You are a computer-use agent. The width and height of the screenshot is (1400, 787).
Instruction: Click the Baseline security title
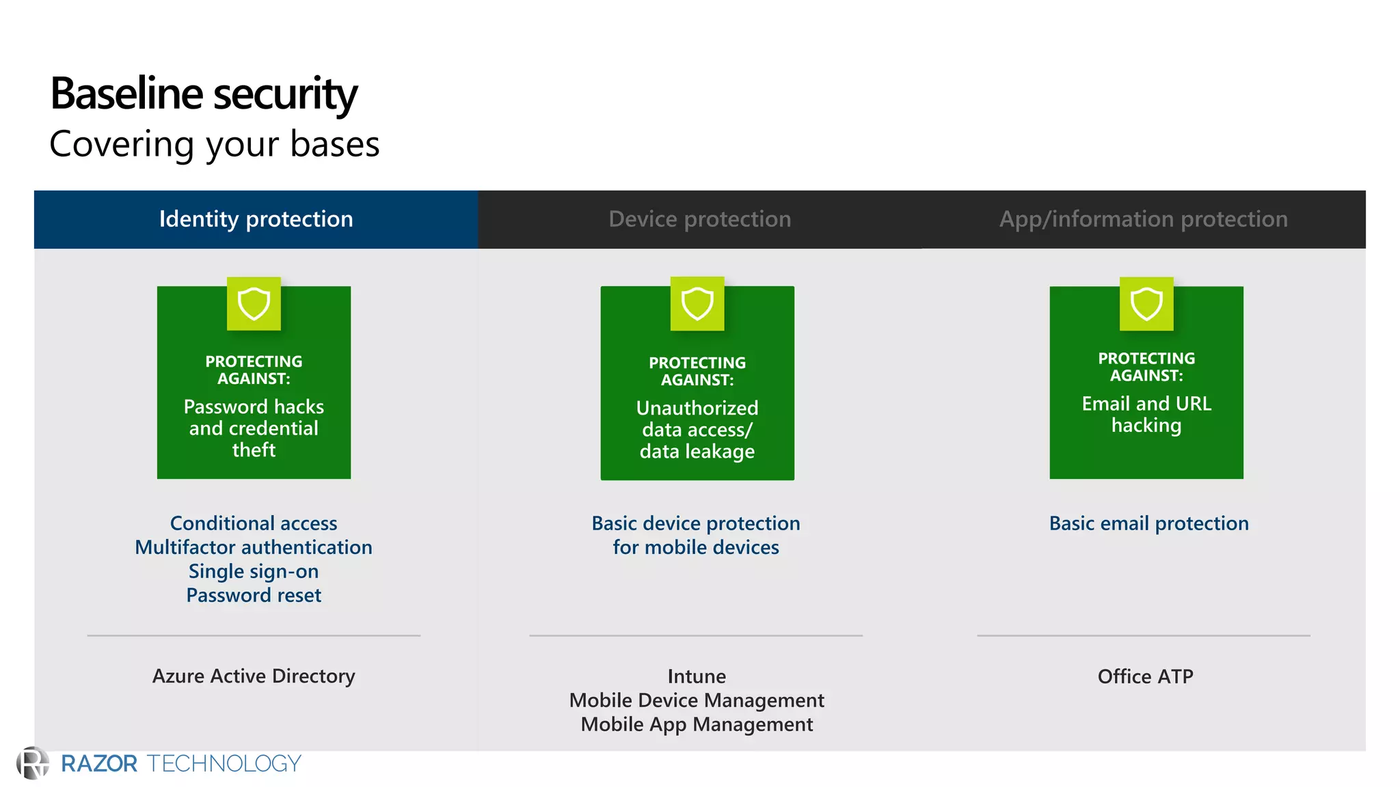(x=204, y=94)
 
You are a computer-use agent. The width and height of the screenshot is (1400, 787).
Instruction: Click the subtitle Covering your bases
(x=214, y=144)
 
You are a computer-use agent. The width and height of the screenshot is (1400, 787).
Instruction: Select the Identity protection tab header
(x=256, y=219)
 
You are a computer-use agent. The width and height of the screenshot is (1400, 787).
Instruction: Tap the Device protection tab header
(x=699, y=219)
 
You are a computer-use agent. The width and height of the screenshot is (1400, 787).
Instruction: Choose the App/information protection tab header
(x=1143, y=219)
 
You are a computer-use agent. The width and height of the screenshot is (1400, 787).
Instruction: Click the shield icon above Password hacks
(x=254, y=304)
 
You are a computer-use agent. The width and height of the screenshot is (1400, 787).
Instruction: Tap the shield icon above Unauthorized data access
(x=697, y=304)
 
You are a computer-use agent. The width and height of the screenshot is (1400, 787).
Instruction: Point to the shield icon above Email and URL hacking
(x=1146, y=304)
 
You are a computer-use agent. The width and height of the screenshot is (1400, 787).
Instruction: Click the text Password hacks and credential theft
(x=254, y=428)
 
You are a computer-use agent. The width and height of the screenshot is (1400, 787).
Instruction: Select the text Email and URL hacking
(x=1146, y=414)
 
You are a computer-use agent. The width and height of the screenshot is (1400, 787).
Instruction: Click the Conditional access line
(x=254, y=523)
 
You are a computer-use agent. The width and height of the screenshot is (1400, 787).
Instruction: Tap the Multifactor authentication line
(x=254, y=547)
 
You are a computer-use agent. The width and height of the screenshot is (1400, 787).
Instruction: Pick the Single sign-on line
(x=254, y=571)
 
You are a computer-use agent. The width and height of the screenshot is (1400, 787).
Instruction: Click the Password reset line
(x=254, y=595)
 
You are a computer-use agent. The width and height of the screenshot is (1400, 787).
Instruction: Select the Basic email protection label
(x=1148, y=523)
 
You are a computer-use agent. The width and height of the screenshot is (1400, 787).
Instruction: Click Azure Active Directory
(x=254, y=676)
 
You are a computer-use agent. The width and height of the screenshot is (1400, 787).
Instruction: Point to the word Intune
(x=697, y=676)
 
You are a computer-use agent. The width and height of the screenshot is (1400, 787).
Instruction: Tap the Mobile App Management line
(x=697, y=724)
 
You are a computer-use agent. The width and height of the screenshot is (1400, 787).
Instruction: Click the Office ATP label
(x=1145, y=676)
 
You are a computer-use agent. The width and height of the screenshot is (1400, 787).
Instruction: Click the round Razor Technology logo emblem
(x=32, y=763)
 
